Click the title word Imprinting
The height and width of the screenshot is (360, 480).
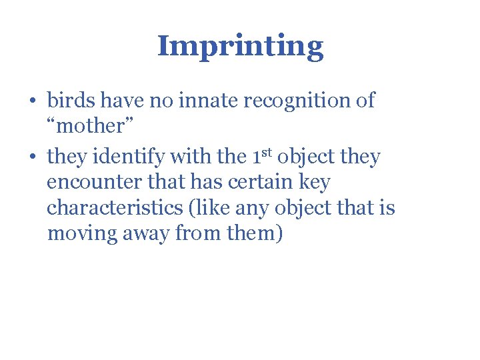point(240,47)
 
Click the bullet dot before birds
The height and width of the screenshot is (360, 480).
point(31,101)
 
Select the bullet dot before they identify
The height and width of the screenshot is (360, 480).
point(31,158)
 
